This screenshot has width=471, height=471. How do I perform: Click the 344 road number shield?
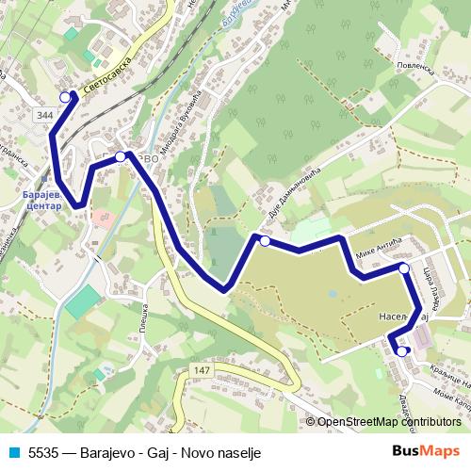point(43,114)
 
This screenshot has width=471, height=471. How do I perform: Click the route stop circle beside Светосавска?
point(66,97)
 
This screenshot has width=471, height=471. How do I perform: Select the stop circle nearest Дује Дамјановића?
point(265,242)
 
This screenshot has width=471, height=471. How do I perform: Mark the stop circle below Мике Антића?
point(404,268)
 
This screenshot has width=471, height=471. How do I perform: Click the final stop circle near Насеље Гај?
point(402,351)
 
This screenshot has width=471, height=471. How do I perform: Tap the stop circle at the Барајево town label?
point(120,156)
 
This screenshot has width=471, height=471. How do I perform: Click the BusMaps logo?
point(426,450)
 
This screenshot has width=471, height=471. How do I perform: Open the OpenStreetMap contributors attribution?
point(388,423)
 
